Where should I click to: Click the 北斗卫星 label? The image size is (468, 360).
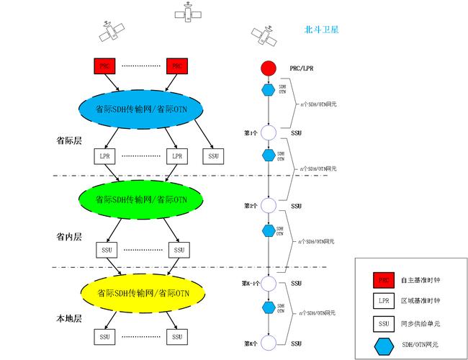tap(322, 30)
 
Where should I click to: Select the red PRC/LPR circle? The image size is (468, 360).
tap(268, 68)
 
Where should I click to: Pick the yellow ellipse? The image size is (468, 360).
tap(142, 292)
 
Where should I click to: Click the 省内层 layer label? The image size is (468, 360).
tap(69, 236)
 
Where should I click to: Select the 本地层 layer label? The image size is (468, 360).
tap(69, 318)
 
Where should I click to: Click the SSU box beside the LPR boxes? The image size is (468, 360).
tap(212, 156)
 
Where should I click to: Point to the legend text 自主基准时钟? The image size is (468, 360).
tap(420, 279)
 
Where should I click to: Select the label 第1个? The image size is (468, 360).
tap(251, 133)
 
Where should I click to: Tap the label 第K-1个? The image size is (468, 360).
tap(249, 284)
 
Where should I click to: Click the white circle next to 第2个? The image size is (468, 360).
tap(268, 206)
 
